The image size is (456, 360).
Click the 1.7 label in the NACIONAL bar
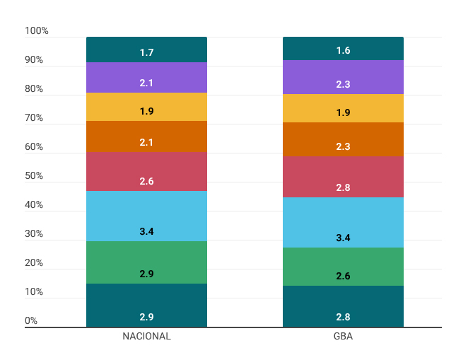click(146, 52)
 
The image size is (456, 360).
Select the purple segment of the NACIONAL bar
click(146, 77)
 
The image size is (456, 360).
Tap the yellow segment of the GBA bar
click(343, 108)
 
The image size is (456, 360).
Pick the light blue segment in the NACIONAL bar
click(146, 216)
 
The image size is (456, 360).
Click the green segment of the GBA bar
click(343, 267)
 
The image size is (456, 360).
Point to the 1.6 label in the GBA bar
click(343, 51)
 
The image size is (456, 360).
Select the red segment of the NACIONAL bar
click(146, 171)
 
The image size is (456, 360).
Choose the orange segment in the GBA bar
click(343, 139)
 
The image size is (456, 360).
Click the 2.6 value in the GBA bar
click(343, 276)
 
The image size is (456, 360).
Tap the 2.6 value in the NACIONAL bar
click(146, 181)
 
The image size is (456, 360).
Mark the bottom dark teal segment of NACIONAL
click(146, 306)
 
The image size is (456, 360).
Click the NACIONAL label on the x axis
click(146, 336)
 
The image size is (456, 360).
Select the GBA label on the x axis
click(343, 336)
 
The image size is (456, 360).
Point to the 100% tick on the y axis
click(37, 30)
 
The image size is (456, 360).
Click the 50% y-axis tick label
click(34, 175)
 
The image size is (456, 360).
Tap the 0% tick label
click(31, 320)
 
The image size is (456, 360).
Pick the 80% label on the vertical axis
click(34, 88)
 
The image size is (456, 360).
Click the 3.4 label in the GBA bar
click(343, 238)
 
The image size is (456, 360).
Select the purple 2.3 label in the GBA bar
click(343, 84)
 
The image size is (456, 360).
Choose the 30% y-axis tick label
click(34, 233)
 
